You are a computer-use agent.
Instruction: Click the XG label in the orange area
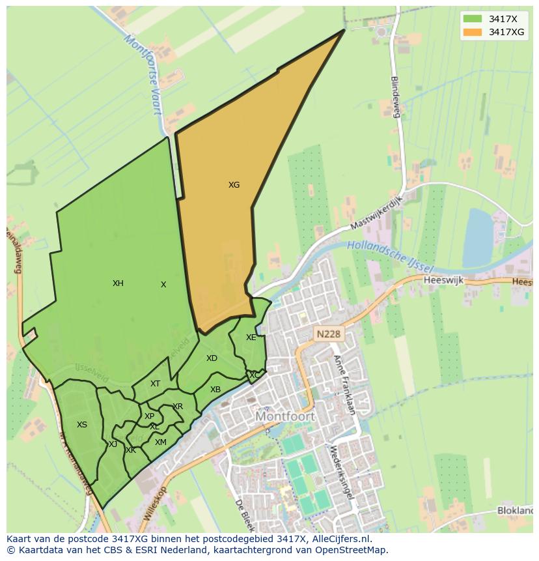coord(234,185)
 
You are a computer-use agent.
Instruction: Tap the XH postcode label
coord(118,283)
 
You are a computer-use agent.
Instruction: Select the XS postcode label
coord(82,425)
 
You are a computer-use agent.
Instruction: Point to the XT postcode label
coord(155,384)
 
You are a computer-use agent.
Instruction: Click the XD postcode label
coord(212,358)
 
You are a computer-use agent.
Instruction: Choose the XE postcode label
coord(251,338)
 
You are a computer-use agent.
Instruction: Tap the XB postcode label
coord(215,390)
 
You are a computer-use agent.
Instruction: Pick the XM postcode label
coord(160,442)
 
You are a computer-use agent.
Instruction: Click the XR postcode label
coord(178,407)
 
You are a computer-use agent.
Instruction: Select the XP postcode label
coord(150,416)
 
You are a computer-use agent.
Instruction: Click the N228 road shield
coord(328,334)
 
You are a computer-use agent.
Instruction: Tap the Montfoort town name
coord(285,416)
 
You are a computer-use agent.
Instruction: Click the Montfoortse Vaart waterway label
coord(143,74)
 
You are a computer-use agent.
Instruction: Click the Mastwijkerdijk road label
coord(378,212)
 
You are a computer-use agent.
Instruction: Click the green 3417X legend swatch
coord(473,18)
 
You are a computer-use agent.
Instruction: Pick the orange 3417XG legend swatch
coord(473,32)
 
